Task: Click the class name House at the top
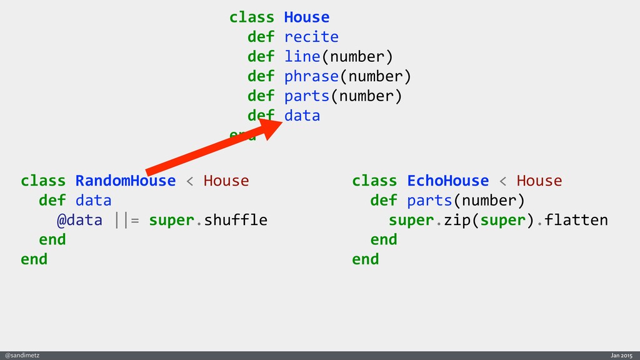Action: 306,17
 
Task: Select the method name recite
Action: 311,37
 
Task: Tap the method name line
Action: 302,57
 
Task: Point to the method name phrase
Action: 311,76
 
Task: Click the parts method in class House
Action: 307,96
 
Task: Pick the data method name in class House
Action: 302,116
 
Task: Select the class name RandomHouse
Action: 126,181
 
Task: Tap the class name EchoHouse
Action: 447,181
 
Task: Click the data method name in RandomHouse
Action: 93,201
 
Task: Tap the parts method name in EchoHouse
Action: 429,201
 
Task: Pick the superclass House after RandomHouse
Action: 226,181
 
